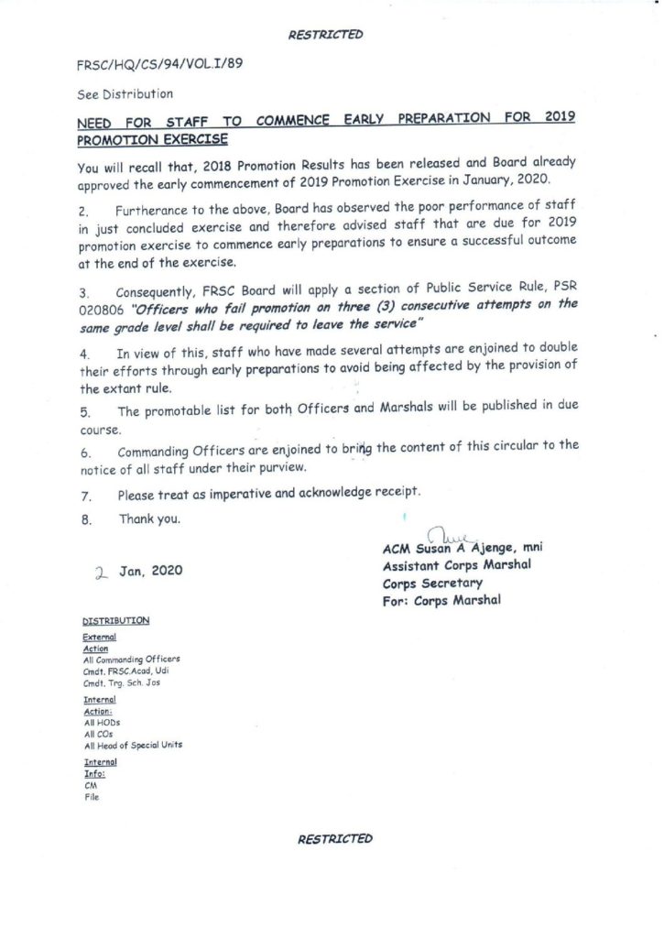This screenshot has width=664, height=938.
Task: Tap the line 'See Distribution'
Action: [125, 93]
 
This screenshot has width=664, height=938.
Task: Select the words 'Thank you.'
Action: [149, 518]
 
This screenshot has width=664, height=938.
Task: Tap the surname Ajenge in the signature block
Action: [495, 548]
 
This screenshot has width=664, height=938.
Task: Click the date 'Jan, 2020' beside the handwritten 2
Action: [150, 570]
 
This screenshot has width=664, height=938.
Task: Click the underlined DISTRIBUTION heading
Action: [115, 620]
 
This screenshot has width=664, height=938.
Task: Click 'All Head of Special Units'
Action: [132, 745]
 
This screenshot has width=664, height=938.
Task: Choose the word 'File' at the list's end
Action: [91, 797]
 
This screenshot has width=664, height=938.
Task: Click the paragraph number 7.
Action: [83, 494]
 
